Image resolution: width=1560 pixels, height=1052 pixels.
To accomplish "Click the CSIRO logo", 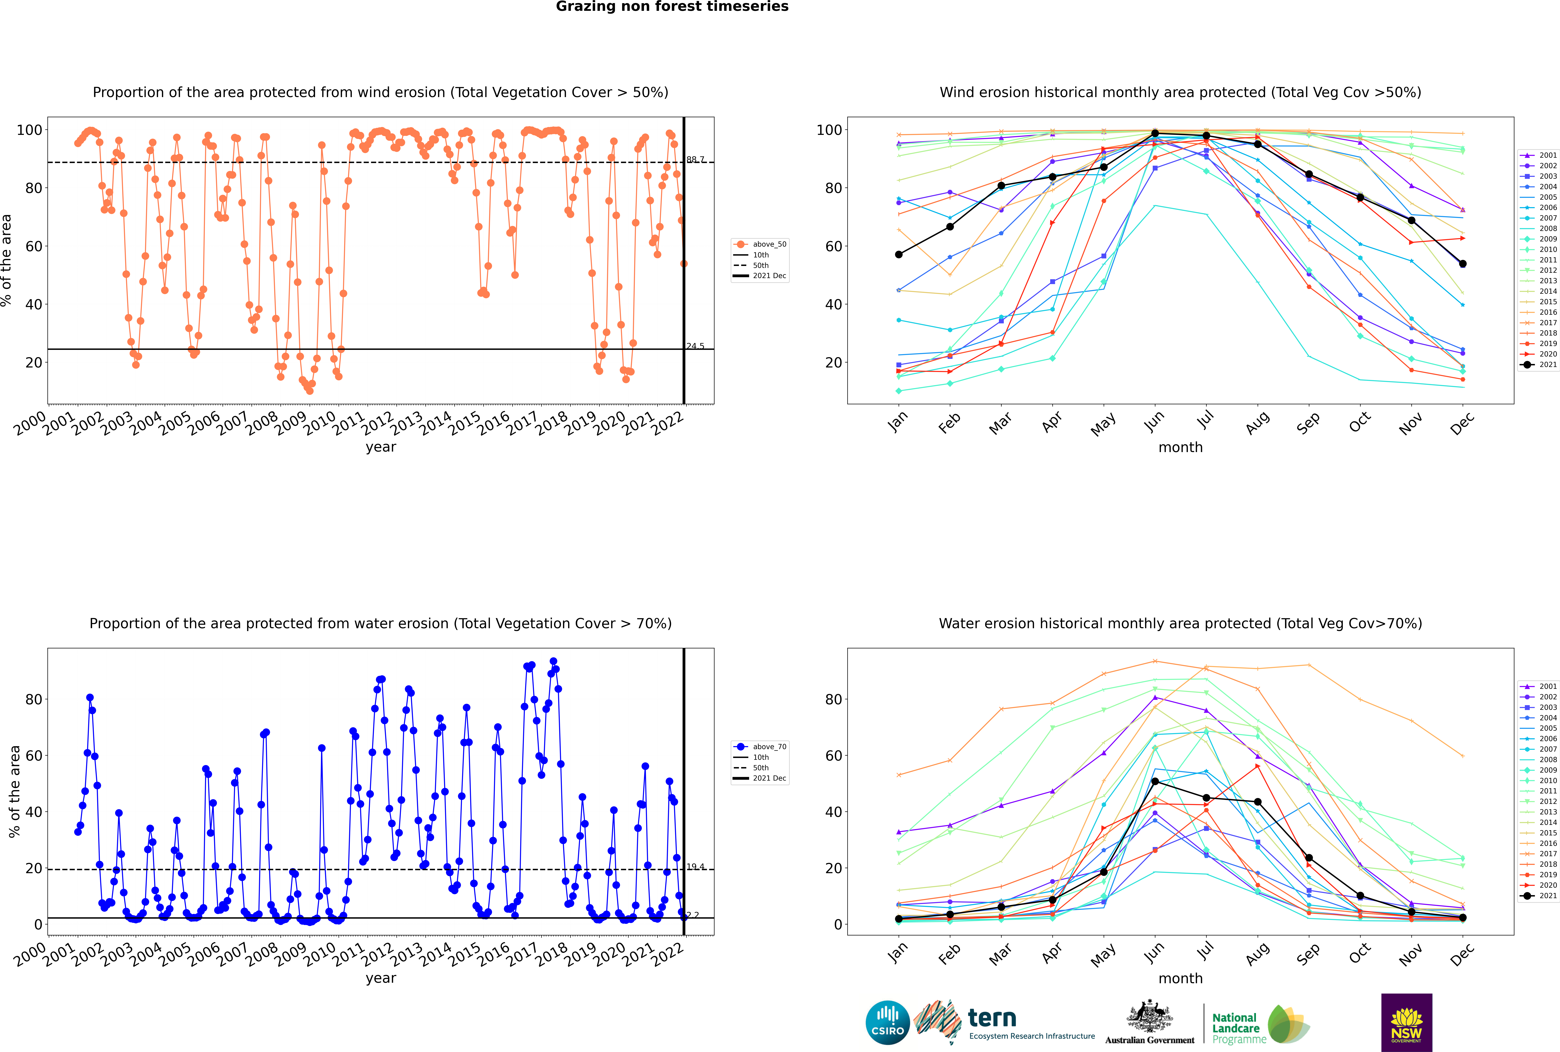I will tap(887, 1023).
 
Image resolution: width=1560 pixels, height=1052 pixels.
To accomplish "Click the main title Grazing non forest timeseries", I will tap(672, 7).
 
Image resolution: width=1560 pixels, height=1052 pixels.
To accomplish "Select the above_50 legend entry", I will tap(769, 244).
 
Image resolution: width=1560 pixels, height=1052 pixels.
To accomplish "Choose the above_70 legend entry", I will tap(769, 747).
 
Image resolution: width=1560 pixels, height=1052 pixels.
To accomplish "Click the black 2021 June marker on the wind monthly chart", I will tap(1155, 134).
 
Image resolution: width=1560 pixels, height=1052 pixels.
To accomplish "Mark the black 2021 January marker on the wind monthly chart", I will tap(899, 254).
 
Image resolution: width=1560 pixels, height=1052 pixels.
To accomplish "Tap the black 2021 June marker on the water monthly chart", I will tap(1155, 782).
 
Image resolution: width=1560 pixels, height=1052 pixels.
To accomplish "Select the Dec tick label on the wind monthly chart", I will tap(1462, 423).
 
